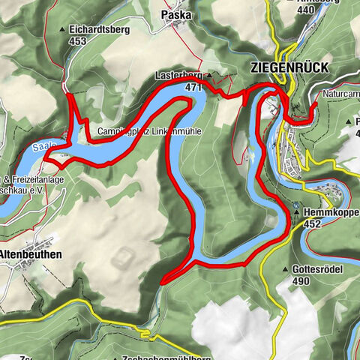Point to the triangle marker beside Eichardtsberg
[x=61, y=31]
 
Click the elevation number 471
[x=194, y=87]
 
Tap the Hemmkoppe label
[x=332, y=212]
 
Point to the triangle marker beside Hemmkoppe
[x=298, y=212]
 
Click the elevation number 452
[x=312, y=223]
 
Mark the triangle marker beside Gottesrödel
[x=286, y=269]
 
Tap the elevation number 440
[x=306, y=10]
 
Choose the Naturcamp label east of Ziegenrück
[x=340, y=95]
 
